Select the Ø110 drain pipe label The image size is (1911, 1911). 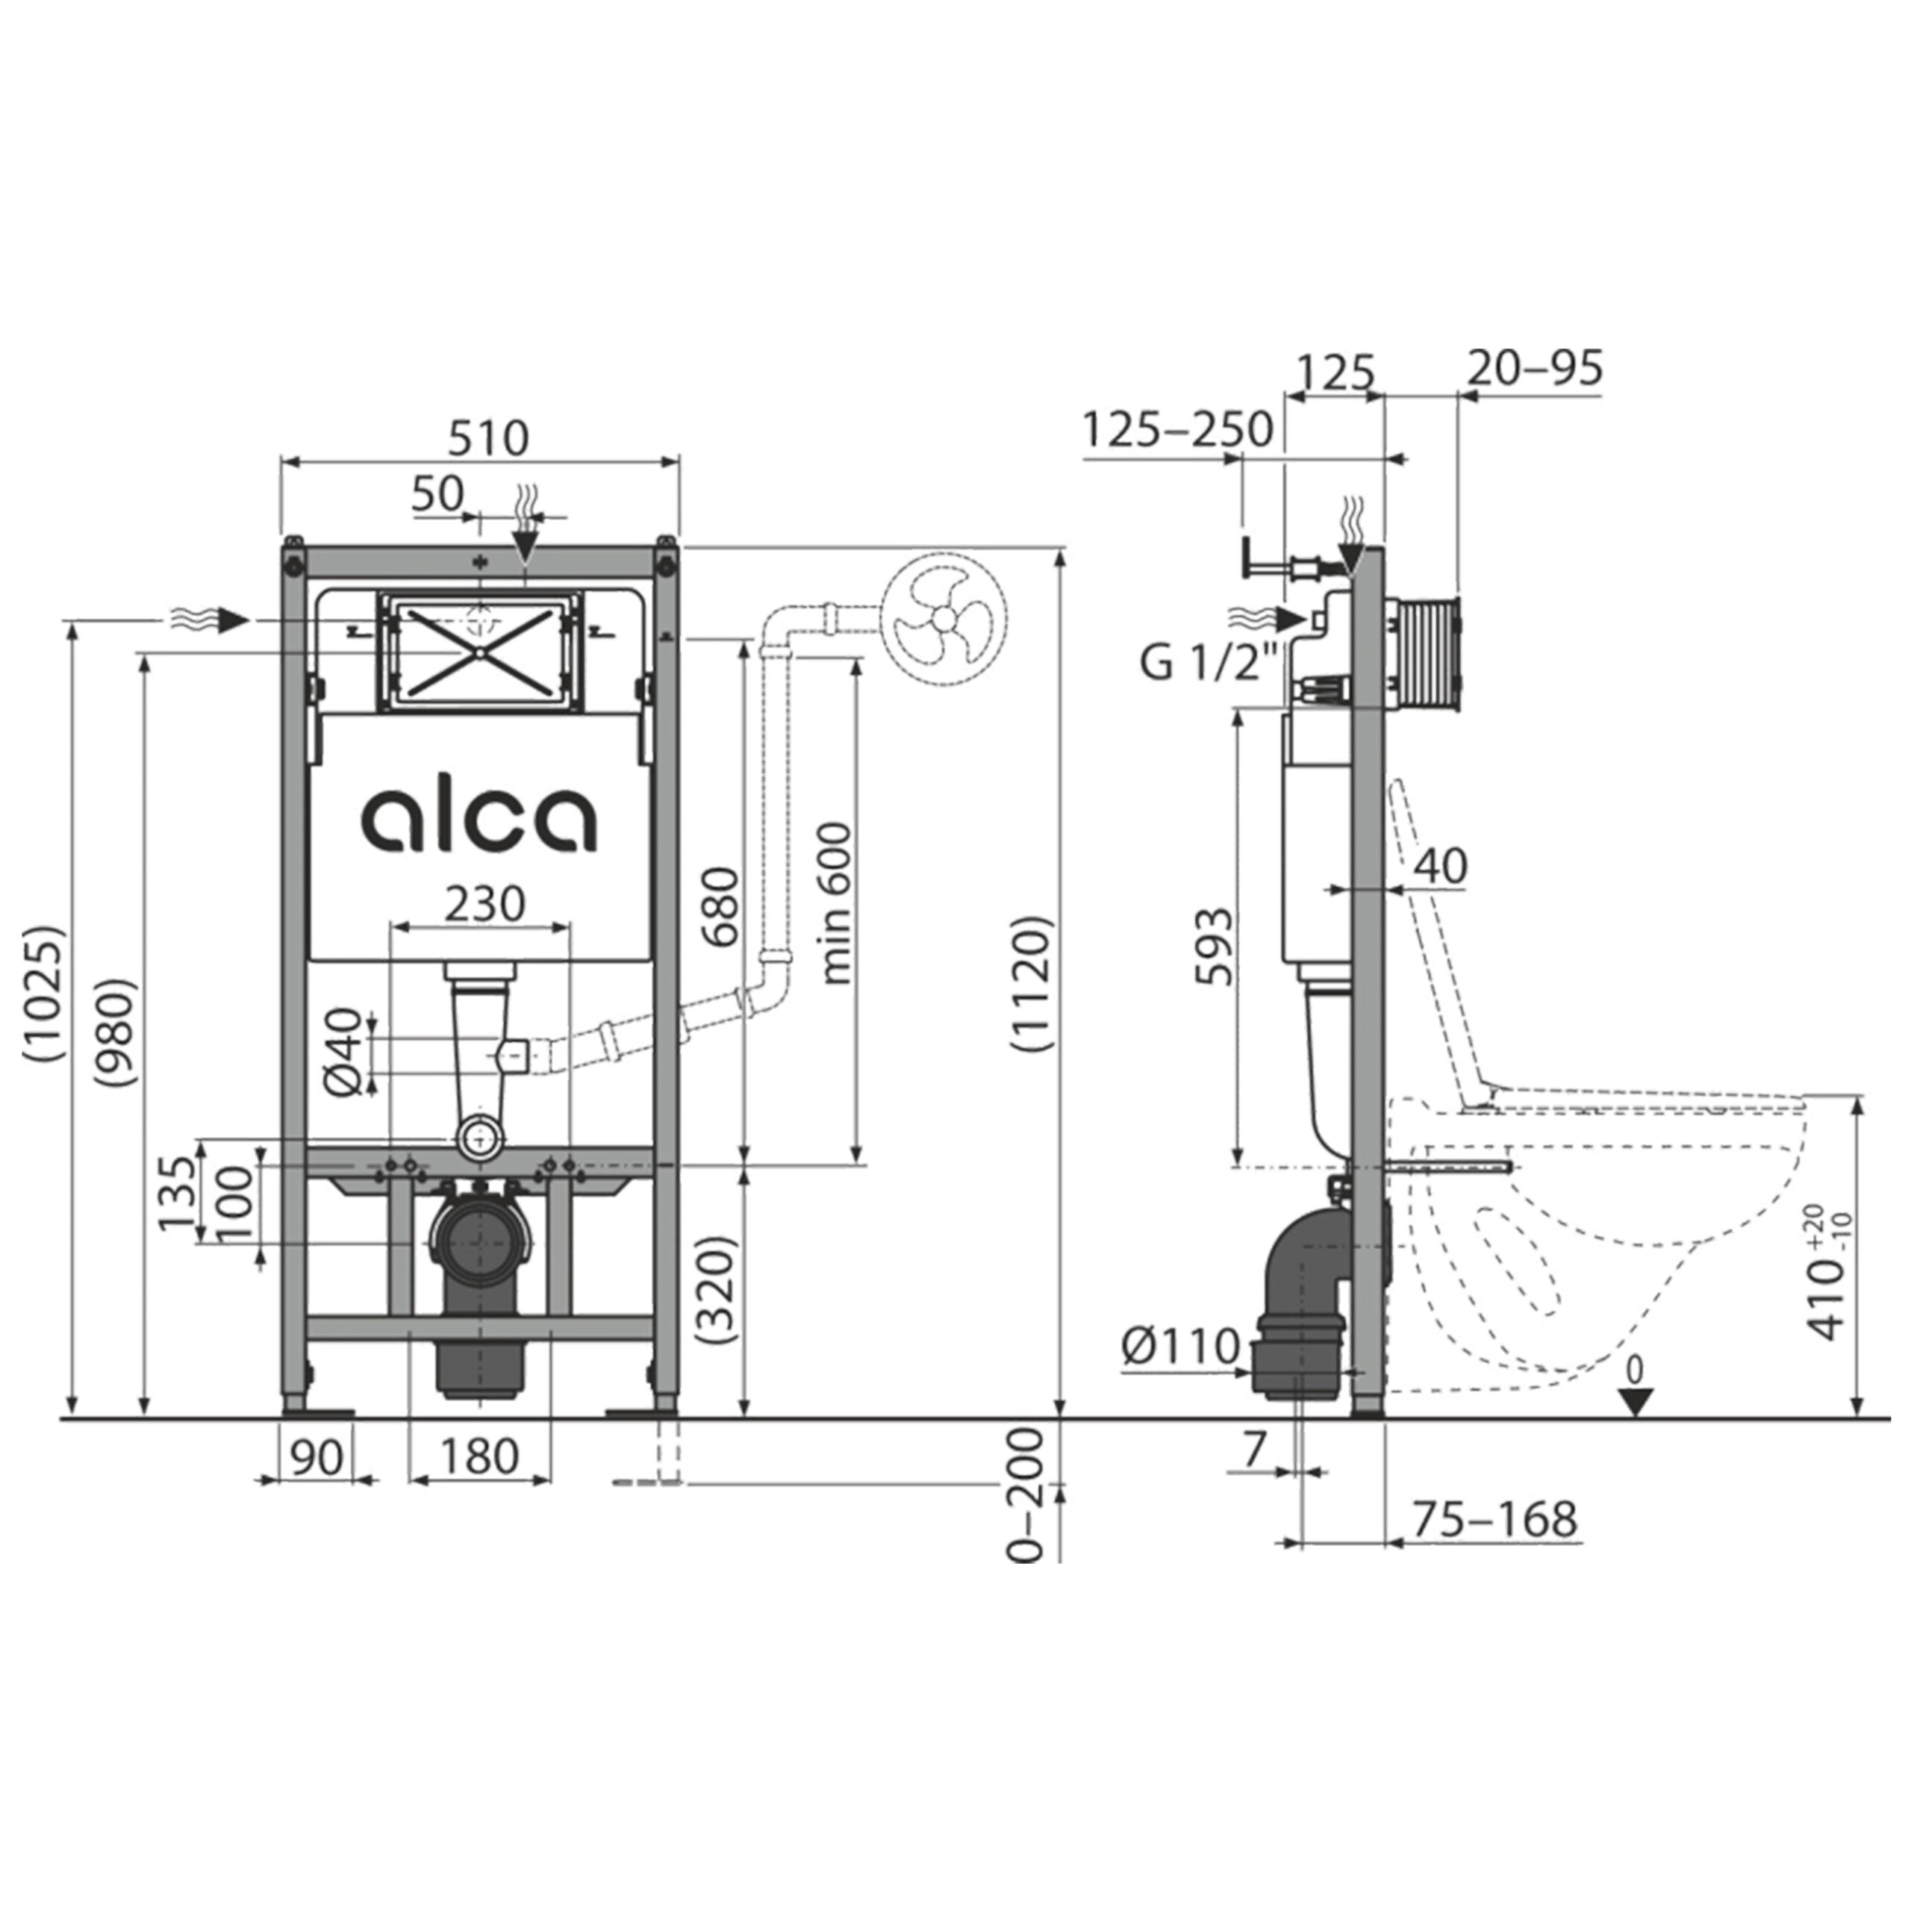coord(1181,1346)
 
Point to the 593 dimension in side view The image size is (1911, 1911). coord(1215,947)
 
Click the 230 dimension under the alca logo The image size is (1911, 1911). coord(484,903)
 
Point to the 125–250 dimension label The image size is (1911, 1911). coord(1177,429)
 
